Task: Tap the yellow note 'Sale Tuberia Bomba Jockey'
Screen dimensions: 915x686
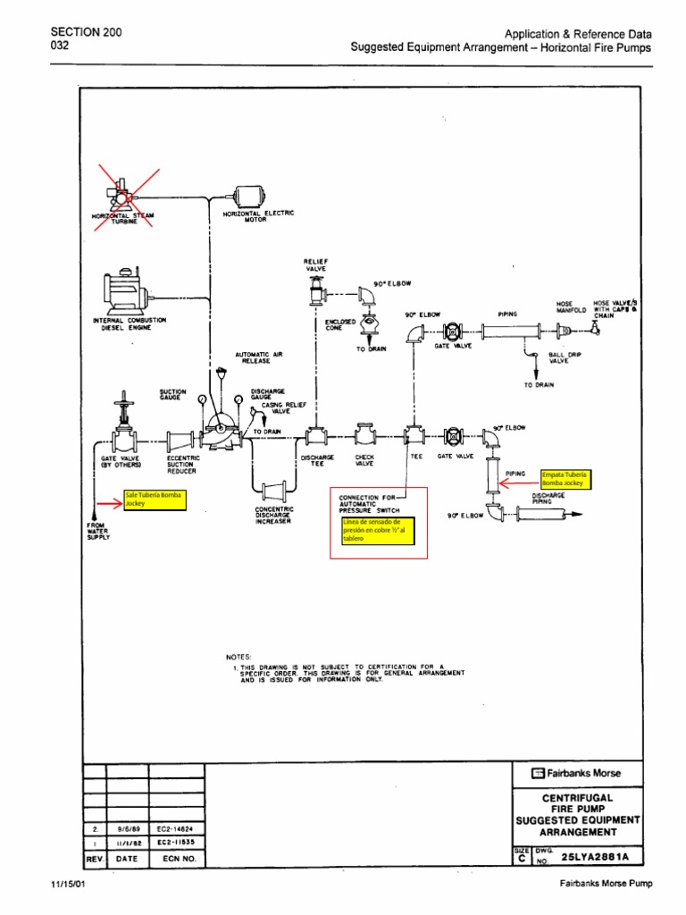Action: click(x=155, y=500)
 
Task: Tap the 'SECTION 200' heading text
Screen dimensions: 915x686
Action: click(x=87, y=32)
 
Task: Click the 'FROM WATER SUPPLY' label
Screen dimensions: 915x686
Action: click(x=97, y=531)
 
